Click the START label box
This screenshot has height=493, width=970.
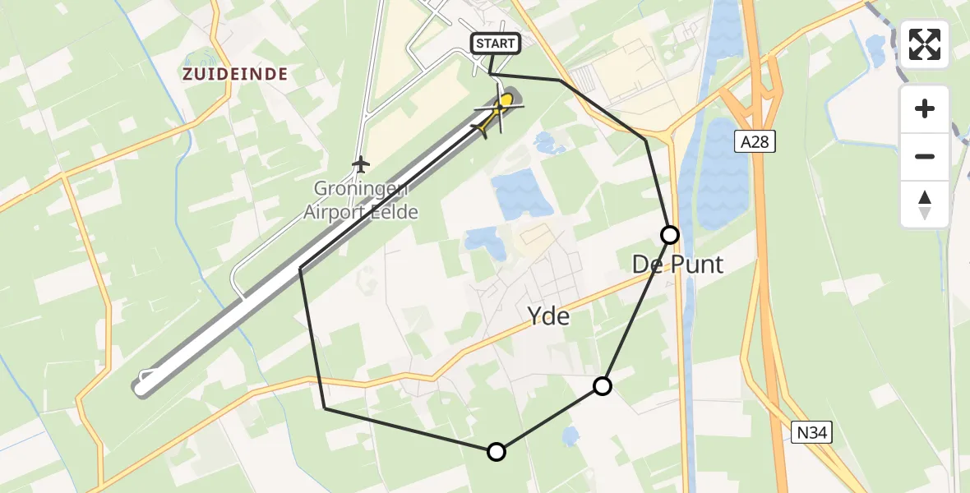[x=495, y=44]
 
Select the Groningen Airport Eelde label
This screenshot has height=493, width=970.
[x=361, y=200]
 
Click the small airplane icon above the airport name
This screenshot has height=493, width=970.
[x=360, y=164]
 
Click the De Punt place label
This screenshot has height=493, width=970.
[x=677, y=265]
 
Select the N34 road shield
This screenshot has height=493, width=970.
[x=812, y=432]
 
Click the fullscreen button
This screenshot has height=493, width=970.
[x=925, y=44]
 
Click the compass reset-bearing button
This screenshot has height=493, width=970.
[x=925, y=204]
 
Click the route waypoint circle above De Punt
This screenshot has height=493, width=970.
[x=670, y=235]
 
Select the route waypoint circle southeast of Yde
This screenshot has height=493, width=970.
[x=603, y=386]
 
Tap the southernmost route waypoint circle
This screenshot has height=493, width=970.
[x=496, y=451]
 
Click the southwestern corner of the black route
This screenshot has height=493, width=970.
[x=326, y=408]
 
